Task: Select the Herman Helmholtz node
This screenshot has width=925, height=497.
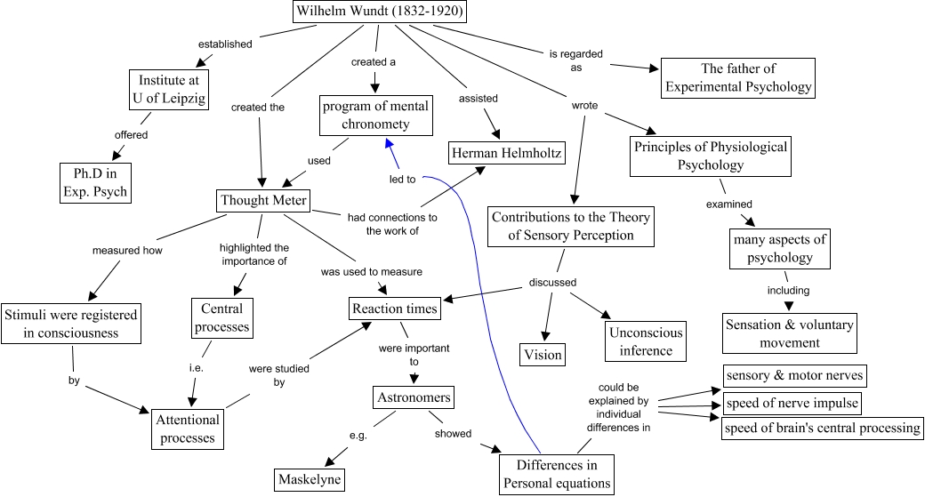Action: (x=506, y=154)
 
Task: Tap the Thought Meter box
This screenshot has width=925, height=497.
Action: (x=263, y=200)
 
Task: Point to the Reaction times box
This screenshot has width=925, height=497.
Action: (x=395, y=309)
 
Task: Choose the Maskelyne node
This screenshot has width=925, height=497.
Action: (x=308, y=478)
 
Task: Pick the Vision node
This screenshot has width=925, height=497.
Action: (x=543, y=354)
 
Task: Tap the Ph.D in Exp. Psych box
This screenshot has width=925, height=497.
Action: (x=95, y=182)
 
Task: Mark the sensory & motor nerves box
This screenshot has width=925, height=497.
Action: (x=793, y=375)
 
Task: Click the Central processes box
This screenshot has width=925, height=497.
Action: (x=221, y=317)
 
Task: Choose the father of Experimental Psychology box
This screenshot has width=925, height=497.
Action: (x=738, y=77)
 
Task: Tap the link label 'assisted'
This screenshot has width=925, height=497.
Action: (x=478, y=98)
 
